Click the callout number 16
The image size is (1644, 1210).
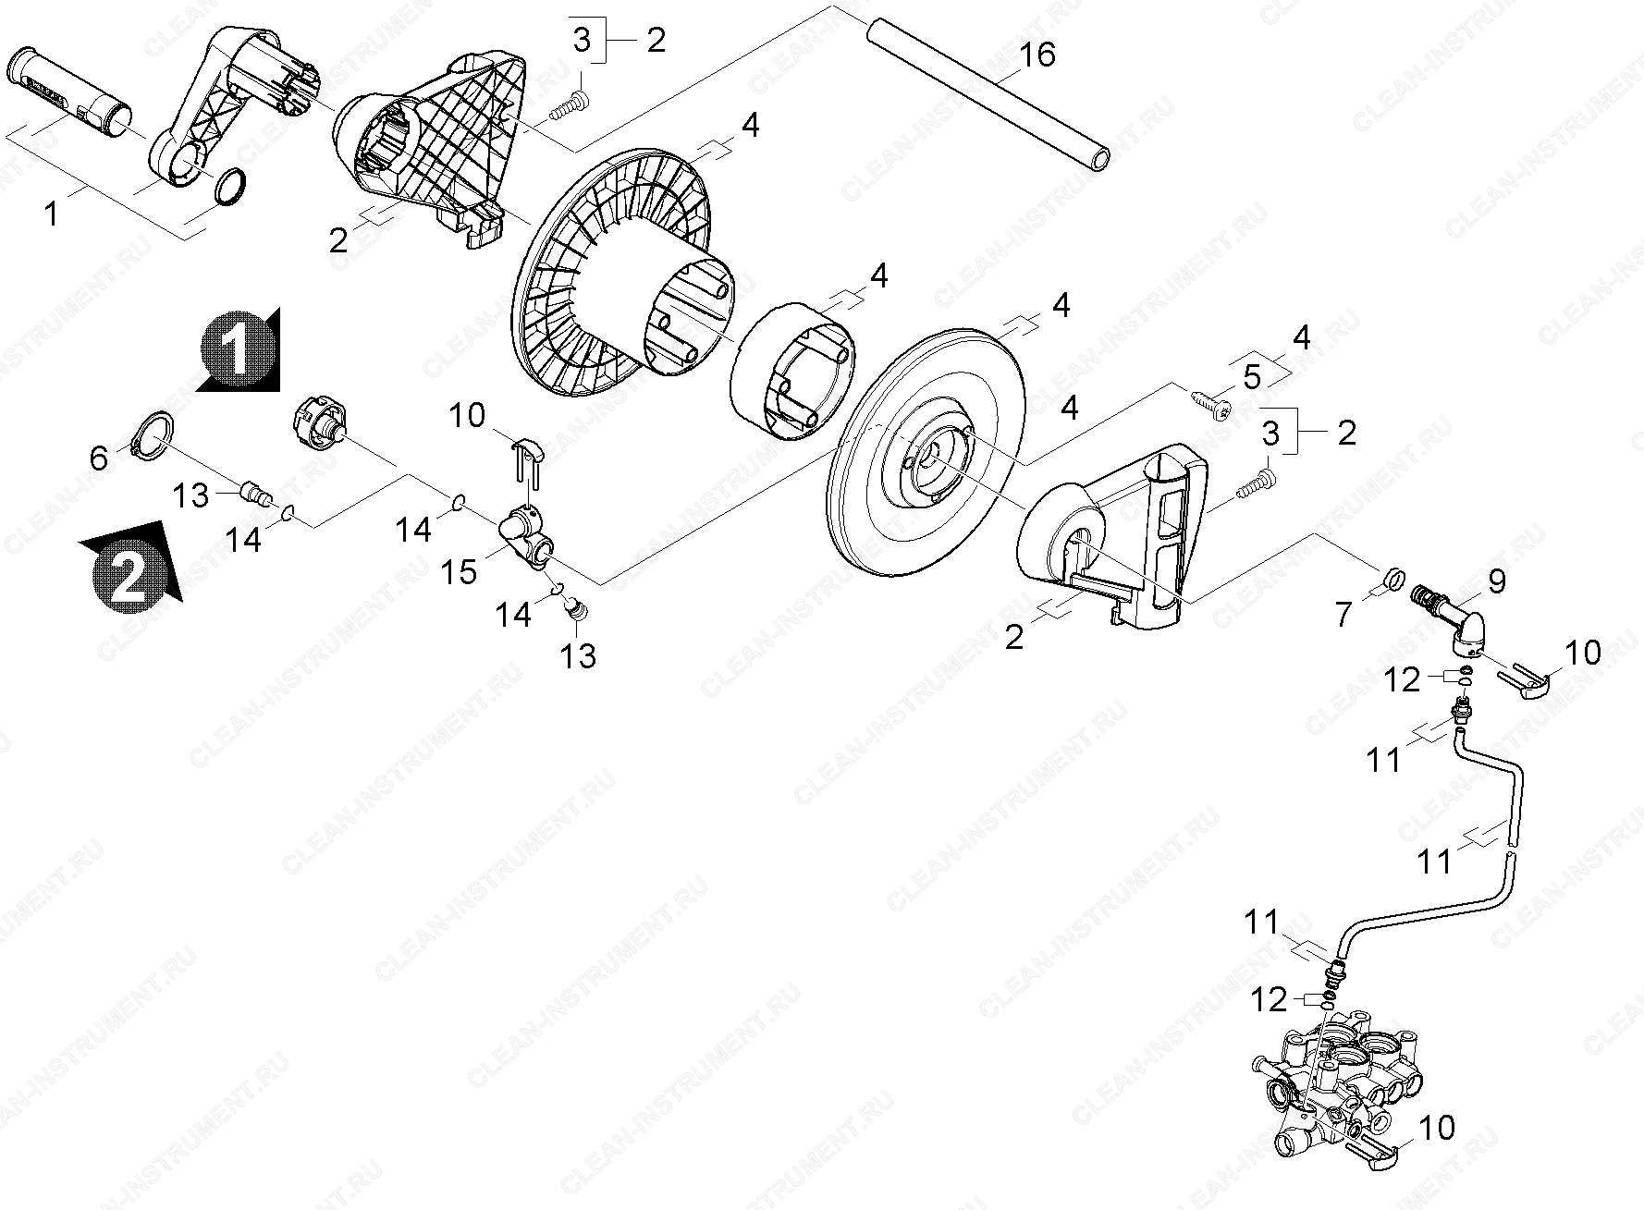[x=1037, y=55]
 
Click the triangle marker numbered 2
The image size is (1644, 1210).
[x=130, y=566]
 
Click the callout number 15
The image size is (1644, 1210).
[x=459, y=570]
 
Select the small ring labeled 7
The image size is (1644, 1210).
[x=1395, y=580]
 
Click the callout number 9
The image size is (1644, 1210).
[x=1495, y=581]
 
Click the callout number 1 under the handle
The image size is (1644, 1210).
[x=52, y=214]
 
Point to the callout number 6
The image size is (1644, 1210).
[x=100, y=458]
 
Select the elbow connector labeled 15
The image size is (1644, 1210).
[x=524, y=536]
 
